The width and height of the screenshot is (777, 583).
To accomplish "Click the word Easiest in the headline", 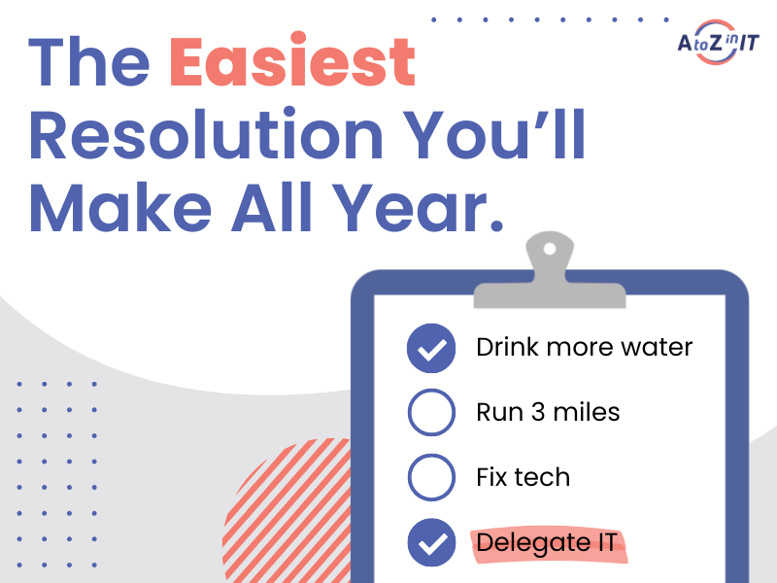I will (x=291, y=62).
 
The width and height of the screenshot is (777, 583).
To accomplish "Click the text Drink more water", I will (x=584, y=347).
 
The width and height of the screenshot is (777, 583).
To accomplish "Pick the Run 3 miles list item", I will (x=548, y=412).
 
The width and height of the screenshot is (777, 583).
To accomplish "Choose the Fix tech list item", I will (x=523, y=477).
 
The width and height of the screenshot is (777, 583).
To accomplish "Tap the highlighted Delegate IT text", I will (x=547, y=542).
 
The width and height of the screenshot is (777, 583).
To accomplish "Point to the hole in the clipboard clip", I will (x=551, y=249).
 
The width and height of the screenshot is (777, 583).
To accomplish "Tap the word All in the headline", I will (x=291, y=208).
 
